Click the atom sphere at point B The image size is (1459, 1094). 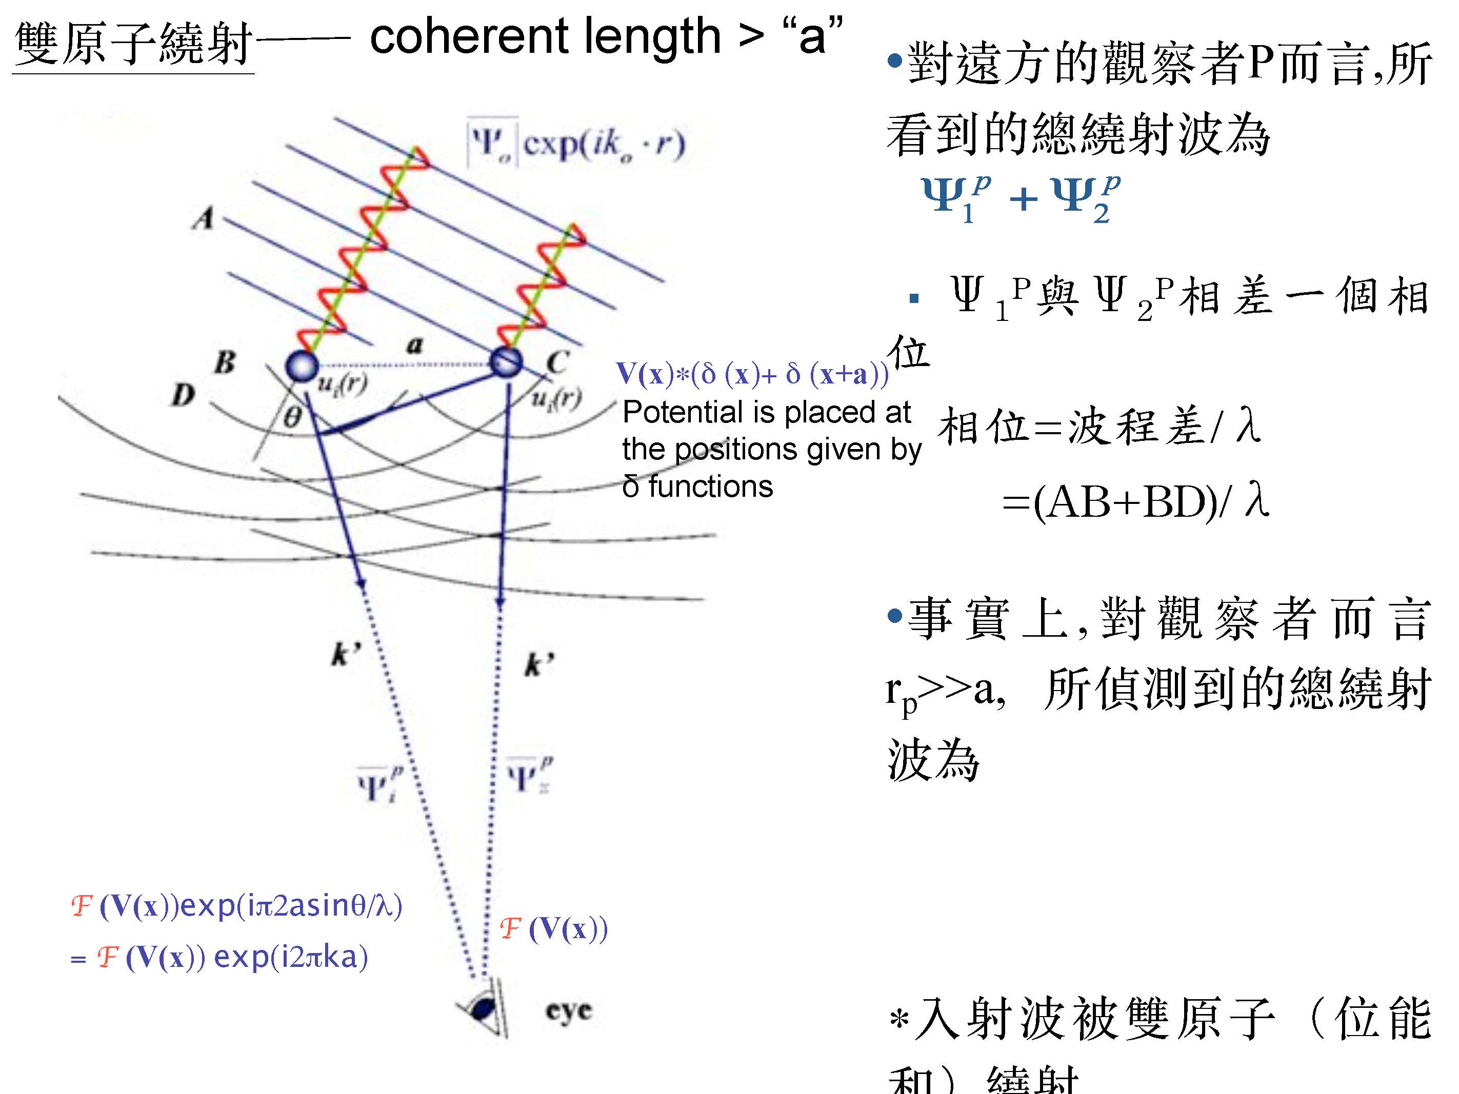pyautogui.click(x=302, y=366)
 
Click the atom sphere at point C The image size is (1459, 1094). pyautogui.click(x=506, y=362)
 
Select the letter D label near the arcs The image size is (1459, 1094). pyautogui.click(x=184, y=395)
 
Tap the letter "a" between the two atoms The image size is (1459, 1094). pyautogui.click(x=414, y=343)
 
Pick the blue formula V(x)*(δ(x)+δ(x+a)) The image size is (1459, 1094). pyautogui.click(x=752, y=374)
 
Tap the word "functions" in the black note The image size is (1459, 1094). pyautogui.click(x=710, y=487)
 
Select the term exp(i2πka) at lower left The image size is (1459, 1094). pyautogui.click(x=291, y=957)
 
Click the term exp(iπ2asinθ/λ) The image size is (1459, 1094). pyautogui.click(x=291, y=905)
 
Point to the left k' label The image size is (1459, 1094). pyautogui.click(x=346, y=654)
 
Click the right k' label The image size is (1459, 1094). pyautogui.click(x=539, y=664)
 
